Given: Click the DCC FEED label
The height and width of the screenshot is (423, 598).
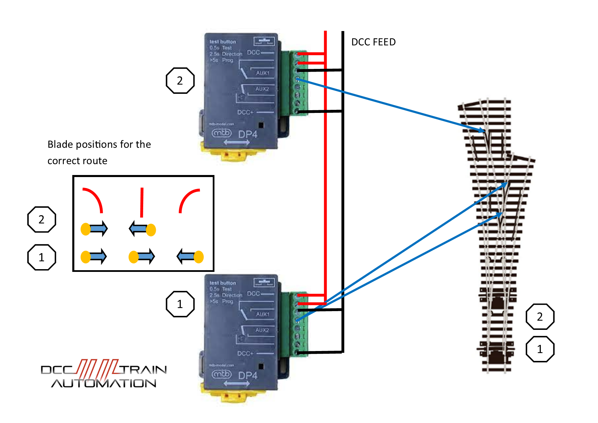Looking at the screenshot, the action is point(373,42).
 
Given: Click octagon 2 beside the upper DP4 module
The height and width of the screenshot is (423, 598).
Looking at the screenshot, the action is point(180,81).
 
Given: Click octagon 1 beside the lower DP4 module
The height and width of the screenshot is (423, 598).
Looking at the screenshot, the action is point(180,304).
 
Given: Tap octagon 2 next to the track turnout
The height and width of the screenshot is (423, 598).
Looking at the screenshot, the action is point(540,317).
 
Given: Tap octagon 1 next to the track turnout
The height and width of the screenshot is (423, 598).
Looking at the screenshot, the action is point(540,349).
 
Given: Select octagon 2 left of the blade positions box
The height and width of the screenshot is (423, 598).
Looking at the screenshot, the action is point(41,219).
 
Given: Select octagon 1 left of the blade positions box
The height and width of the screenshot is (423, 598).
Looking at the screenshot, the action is point(41,257).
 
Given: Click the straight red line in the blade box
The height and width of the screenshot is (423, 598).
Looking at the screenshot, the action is point(142,202).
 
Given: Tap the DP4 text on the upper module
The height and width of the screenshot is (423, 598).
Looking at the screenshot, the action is point(248,134).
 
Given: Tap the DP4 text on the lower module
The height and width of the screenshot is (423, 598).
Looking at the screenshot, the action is point(248,376).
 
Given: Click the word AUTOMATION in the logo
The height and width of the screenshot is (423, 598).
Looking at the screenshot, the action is point(104,383).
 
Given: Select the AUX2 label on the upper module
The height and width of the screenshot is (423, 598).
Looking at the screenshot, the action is point(262,89).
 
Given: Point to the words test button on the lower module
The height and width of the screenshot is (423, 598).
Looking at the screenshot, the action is point(223,283).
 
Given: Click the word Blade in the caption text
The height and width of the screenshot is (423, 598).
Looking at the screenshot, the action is point(59,144).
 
